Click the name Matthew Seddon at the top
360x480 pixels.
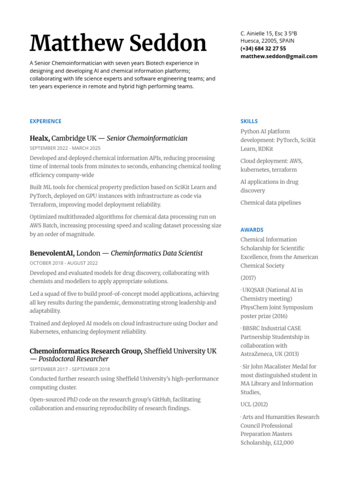pyautogui.click(x=118, y=43)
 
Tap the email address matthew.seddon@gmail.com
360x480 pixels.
pyautogui.click(x=278, y=56)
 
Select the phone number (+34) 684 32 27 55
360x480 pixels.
pyautogui.click(x=263, y=49)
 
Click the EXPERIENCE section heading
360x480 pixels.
pyautogui.click(x=45, y=121)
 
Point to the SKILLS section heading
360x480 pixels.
pyautogui.click(x=249, y=121)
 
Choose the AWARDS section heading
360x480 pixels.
pyautogui.click(x=252, y=230)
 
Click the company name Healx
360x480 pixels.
pyautogui.click(x=39, y=138)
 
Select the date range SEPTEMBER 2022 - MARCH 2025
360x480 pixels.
pyautogui.click(x=65, y=148)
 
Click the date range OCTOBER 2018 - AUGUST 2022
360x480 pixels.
pyautogui.click(x=64, y=263)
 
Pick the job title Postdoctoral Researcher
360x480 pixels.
pyautogui.click(x=74, y=359)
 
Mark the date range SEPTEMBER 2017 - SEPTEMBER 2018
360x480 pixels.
pyautogui.click(x=70, y=369)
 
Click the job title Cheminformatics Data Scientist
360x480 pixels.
pyautogui.click(x=157, y=253)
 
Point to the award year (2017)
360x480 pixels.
pyautogui.click(x=248, y=277)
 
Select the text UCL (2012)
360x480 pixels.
pyautogui.click(x=254, y=404)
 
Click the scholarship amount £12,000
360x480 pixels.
pyautogui.click(x=283, y=442)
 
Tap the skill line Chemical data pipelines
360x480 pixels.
pyautogui.click(x=270, y=202)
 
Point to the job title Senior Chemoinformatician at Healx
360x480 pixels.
pyautogui.click(x=147, y=138)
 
